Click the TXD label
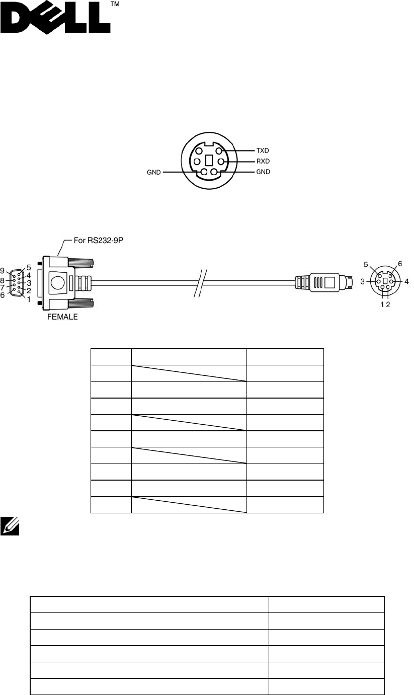263,150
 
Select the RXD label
263,162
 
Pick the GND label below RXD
263,172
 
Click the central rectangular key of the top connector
209,162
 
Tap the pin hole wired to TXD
219,150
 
